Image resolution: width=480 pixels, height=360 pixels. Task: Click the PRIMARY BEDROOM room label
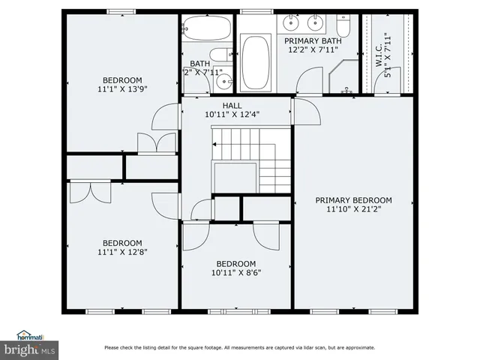pyautogui.click(x=353, y=200)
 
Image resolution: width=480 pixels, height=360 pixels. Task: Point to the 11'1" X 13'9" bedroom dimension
pyautogui.click(x=121, y=88)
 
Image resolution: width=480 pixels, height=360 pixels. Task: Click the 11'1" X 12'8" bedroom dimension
pyautogui.click(x=121, y=251)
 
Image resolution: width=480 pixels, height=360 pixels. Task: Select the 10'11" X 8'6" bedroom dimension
pyautogui.click(x=236, y=272)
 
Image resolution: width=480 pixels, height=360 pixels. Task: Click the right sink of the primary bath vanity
pyautogui.click(x=317, y=19)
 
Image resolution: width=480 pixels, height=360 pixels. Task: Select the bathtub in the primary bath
pyautogui.click(x=255, y=58)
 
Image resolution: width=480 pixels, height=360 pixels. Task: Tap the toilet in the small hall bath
pyautogui.click(x=220, y=54)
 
